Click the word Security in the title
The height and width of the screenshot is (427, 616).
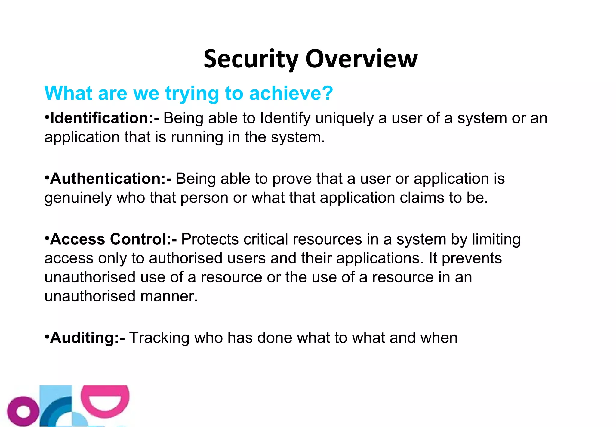click(x=251, y=59)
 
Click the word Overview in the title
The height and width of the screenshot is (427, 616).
click(x=361, y=59)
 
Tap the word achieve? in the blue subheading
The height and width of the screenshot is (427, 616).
click(x=291, y=93)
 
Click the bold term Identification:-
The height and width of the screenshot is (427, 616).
click(x=104, y=118)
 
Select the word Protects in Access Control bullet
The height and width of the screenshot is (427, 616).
click(x=210, y=239)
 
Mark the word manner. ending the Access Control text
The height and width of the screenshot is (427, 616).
click(x=169, y=296)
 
